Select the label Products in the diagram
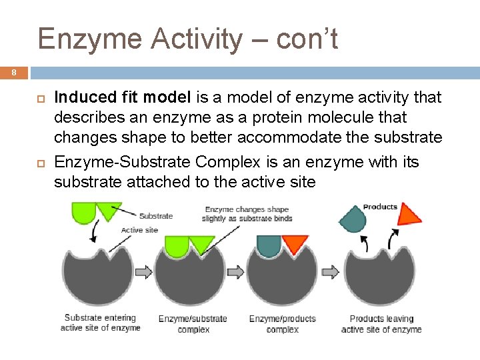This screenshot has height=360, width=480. coord(380,207)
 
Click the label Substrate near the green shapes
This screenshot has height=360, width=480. coord(155,215)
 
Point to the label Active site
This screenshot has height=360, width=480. coord(139,230)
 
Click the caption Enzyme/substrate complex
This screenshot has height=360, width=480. coord(193,324)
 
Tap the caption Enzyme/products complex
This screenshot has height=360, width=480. coord(282,324)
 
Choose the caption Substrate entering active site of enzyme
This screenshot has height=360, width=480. coord(100,323)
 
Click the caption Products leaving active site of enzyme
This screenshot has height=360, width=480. coord(381,324)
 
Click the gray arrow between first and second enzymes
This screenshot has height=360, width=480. coord(144,272)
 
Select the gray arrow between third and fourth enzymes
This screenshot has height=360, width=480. coord(330,272)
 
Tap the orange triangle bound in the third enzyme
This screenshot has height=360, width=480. coord(294,243)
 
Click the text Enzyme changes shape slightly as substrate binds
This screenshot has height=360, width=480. coord(248,214)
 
